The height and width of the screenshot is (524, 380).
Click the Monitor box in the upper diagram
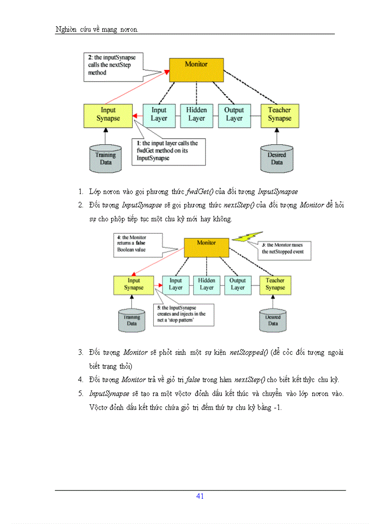pos(196,70)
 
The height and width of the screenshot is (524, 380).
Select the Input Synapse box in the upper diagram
pos(108,115)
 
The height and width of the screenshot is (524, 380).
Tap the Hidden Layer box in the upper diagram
pos(196,115)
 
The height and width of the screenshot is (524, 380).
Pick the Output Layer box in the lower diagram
pos(237,284)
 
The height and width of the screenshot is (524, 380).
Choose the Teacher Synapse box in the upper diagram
pos(279,115)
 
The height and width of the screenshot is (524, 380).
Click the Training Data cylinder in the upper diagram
pos(106,158)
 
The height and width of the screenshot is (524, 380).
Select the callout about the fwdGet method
pos(170,151)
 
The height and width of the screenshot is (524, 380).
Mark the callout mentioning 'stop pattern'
pos(184,317)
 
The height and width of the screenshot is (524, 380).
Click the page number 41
pos(200,496)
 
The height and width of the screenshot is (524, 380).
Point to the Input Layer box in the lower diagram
pos(176,284)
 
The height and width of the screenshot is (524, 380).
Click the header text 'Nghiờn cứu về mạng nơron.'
pos(96,30)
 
